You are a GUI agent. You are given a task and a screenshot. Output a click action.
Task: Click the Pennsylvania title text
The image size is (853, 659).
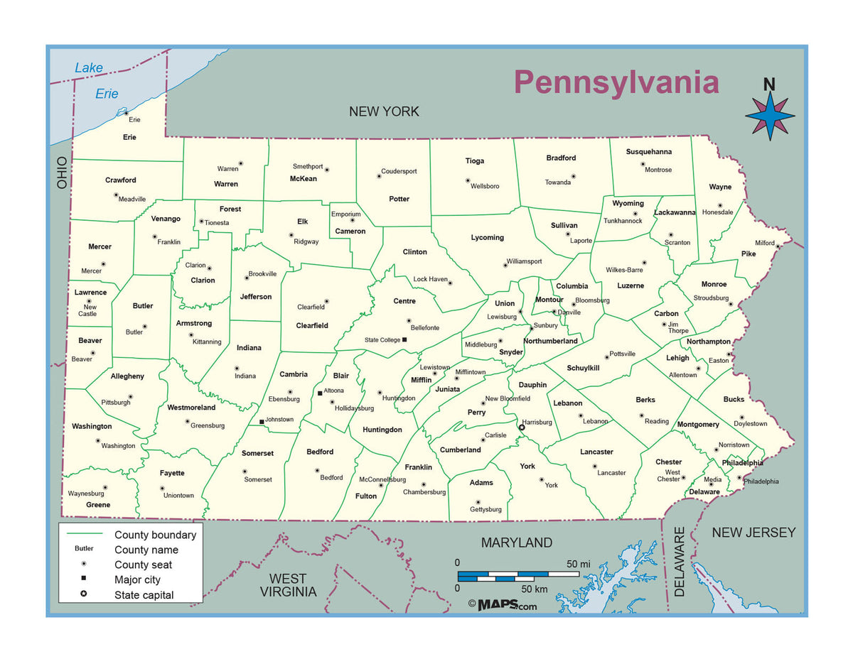(x=616, y=82)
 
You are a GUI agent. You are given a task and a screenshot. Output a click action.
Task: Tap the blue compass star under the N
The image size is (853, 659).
(x=770, y=116)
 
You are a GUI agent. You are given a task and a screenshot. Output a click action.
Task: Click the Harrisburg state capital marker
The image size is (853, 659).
(x=521, y=427)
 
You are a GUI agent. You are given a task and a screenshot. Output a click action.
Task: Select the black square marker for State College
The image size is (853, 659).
(x=404, y=339)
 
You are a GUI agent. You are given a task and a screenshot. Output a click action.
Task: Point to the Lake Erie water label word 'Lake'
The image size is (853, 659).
(x=89, y=68)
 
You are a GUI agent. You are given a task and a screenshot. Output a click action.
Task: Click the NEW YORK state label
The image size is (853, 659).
(x=384, y=111)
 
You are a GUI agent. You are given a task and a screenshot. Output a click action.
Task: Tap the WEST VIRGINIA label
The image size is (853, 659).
(x=288, y=585)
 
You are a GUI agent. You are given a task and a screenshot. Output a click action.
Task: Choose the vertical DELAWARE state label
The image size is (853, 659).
(x=680, y=561)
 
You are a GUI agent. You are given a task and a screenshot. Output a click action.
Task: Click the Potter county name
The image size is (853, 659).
(x=399, y=199)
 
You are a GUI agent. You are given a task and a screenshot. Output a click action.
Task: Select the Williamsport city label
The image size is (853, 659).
(x=524, y=261)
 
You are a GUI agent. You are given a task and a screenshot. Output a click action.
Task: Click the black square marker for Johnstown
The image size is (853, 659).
(x=262, y=422)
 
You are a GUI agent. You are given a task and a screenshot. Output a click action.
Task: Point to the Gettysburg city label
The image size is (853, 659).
(x=485, y=509)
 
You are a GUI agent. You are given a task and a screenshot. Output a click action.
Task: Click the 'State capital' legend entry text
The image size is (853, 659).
(x=144, y=595)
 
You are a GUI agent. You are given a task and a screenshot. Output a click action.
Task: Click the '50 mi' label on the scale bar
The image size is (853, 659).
(x=578, y=564)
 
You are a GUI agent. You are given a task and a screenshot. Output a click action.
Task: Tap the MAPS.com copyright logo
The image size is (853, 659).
(x=503, y=605)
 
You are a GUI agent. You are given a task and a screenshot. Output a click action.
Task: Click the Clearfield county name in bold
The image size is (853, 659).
(x=312, y=325)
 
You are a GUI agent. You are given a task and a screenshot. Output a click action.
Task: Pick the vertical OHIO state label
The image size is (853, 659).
(x=62, y=173)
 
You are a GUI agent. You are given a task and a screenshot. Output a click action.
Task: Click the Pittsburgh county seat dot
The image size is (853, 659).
(x=130, y=397)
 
